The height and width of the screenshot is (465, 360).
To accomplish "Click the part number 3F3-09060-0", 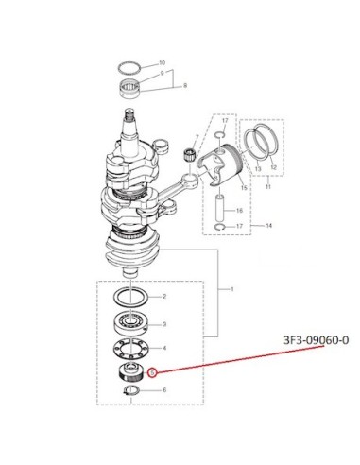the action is click(x=317, y=340).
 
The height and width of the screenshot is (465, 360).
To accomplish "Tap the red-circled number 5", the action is click(x=152, y=373).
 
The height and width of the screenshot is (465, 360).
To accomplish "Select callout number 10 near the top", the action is click(x=163, y=63).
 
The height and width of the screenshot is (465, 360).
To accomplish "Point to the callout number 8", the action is click(x=185, y=85).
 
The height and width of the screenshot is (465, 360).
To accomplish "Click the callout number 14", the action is click(x=269, y=226).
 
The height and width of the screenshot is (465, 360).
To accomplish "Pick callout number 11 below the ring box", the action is click(x=268, y=187).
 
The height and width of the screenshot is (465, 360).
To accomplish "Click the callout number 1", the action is click(x=232, y=289).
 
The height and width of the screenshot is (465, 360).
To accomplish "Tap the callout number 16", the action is click(x=239, y=211).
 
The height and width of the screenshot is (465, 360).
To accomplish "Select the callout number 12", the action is click(x=273, y=168).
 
